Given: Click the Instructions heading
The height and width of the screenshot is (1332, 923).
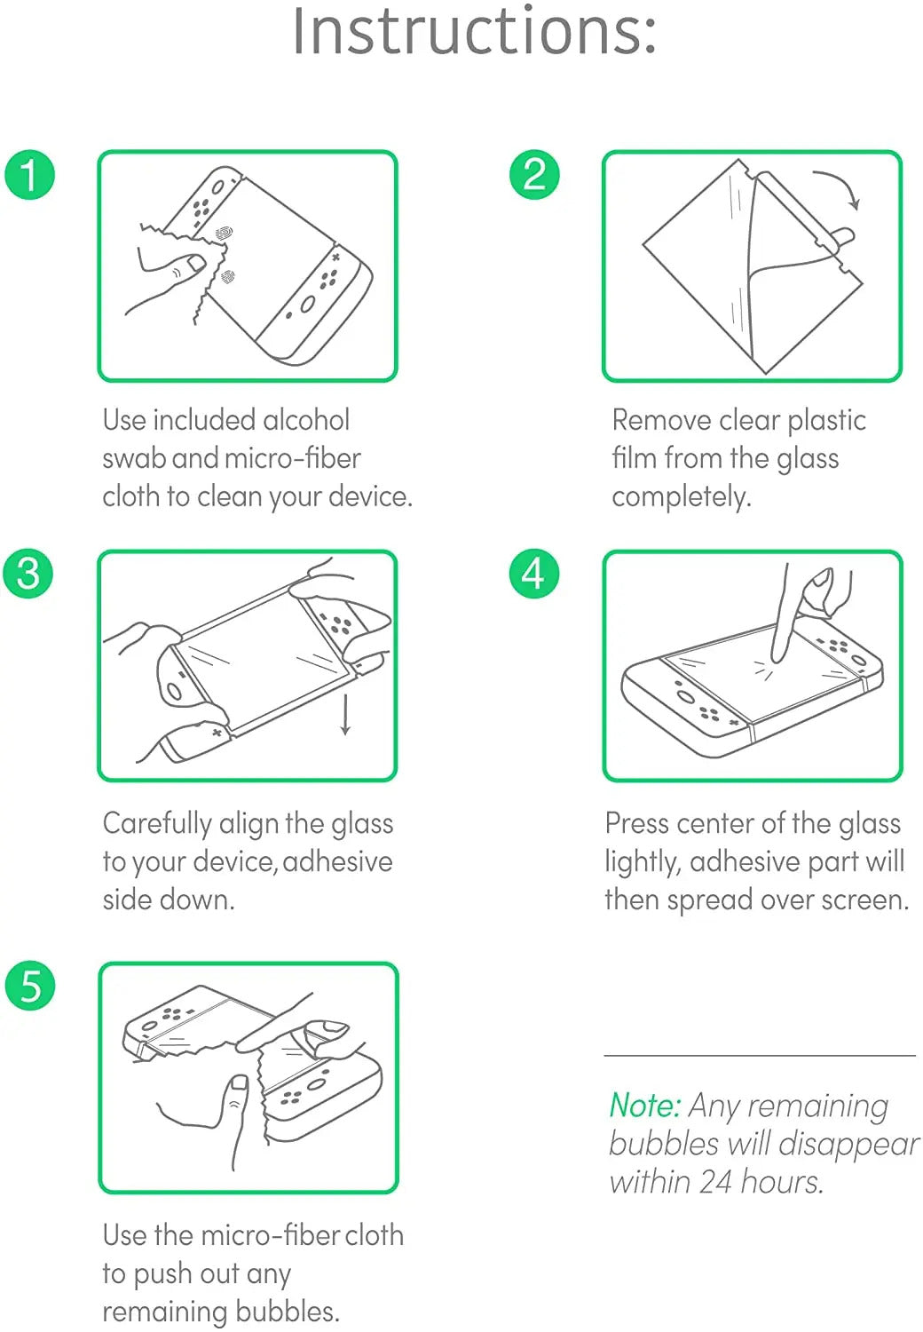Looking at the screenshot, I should pyautogui.click(x=475, y=32).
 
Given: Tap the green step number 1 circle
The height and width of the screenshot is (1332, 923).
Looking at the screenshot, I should pyautogui.click(x=29, y=174).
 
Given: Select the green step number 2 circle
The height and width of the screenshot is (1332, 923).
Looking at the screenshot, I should pyautogui.click(x=534, y=174).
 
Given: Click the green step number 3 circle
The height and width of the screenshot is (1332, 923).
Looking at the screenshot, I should pyautogui.click(x=29, y=573).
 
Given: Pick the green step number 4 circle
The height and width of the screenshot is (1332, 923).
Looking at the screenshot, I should pyautogui.click(x=534, y=573).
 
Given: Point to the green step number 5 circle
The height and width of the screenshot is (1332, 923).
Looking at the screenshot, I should pyautogui.click(x=29, y=986).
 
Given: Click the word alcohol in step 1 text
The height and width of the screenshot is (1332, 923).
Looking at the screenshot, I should pyautogui.click(x=306, y=420).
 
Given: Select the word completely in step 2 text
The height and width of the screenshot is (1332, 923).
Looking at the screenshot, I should pyautogui.click(x=681, y=496).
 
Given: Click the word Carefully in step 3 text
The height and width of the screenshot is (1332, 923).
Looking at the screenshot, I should pyautogui.click(x=156, y=824).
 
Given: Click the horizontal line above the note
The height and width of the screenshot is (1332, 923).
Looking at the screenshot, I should pyautogui.click(x=759, y=1056).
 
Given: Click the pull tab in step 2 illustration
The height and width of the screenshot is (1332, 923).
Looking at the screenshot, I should pyautogui.click(x=842, y=237).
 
